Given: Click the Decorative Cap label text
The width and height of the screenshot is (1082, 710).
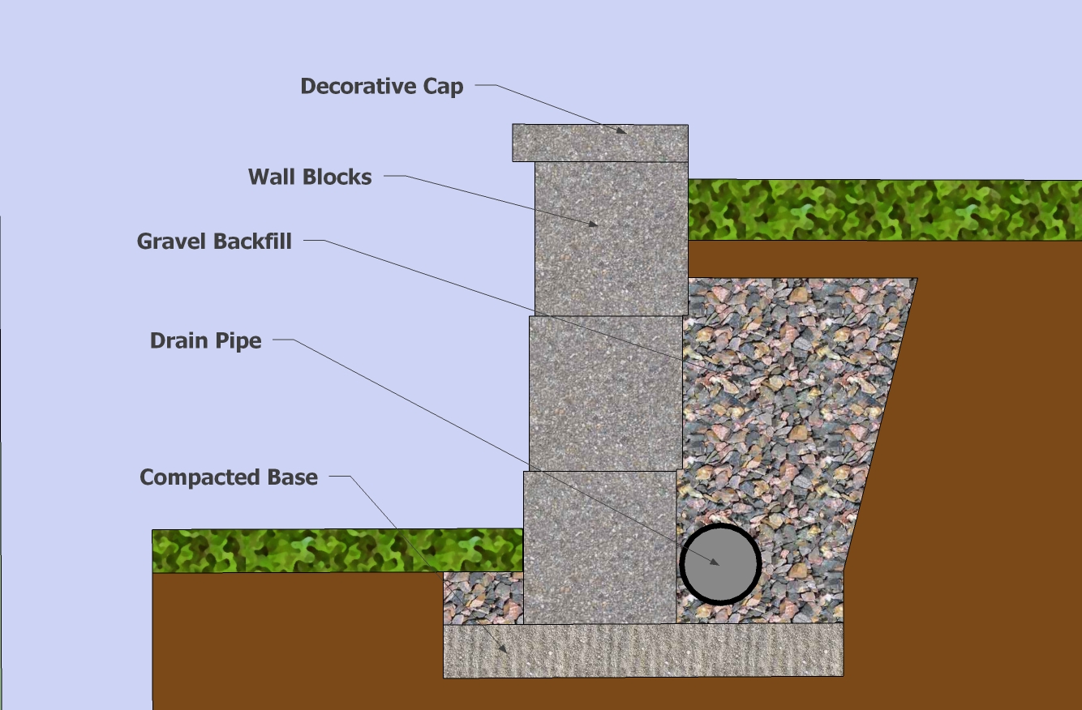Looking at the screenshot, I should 381,86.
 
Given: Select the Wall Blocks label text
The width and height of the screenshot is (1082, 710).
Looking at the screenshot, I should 310,177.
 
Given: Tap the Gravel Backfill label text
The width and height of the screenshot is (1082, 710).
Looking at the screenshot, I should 214,241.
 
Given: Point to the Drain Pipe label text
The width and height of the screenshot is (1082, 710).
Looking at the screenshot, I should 206,340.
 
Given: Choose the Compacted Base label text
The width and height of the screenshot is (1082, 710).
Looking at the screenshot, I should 229,477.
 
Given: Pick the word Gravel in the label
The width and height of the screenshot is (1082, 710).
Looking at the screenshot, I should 172,241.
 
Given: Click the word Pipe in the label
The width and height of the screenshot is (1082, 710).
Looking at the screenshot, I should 239,340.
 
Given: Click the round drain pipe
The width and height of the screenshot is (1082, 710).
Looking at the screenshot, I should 720,564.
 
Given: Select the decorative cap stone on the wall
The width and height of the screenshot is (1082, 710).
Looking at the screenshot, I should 600,143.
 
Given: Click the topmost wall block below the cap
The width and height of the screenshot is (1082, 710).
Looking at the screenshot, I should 611,238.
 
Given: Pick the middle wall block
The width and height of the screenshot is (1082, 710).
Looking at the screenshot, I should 605,393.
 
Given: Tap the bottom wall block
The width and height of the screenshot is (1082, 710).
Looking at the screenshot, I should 599,547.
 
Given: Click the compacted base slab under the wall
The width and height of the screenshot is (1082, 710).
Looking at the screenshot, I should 642,650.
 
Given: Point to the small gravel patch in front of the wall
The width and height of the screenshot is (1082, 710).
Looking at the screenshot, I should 483,597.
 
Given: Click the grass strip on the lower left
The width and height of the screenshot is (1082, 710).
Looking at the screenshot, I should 337,550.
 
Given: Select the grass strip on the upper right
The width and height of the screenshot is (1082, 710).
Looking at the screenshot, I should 884,210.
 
